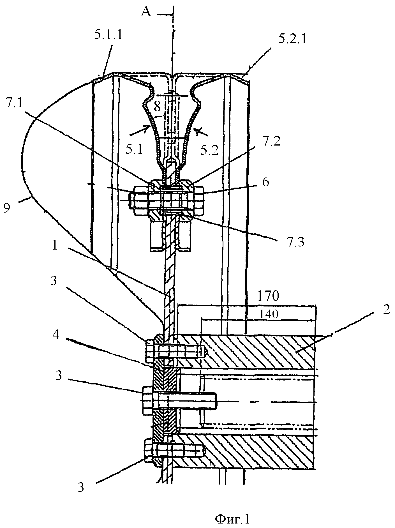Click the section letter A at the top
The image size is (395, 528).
(146, 13)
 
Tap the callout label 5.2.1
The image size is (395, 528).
(292, 39)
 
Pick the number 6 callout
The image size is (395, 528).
(265, 182)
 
